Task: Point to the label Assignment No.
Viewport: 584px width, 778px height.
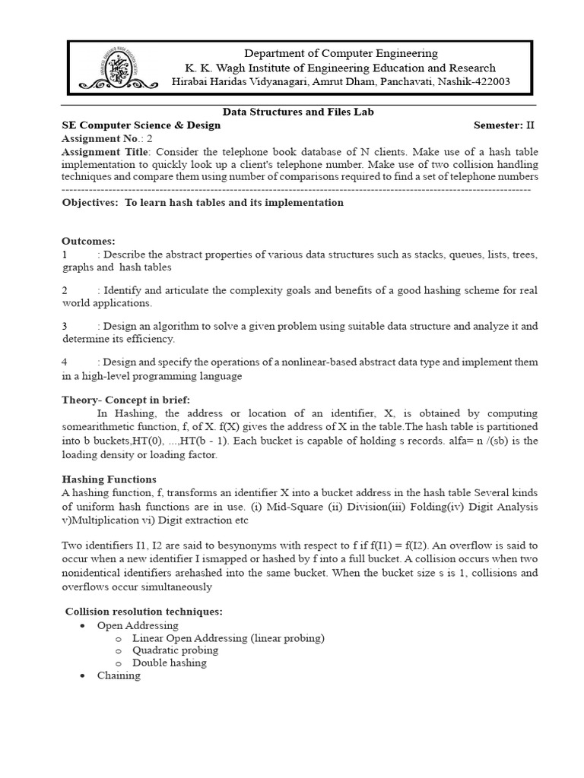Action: point(102,139)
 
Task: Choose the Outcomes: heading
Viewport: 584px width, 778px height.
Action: point(88,241)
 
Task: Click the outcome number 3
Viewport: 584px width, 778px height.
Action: point(65,326)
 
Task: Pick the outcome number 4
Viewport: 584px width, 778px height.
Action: point(65,362)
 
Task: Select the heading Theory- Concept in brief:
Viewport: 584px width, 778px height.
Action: point(125,400)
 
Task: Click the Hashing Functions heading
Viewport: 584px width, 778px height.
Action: point(109,479)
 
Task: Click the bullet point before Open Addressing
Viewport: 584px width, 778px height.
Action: point(82,625)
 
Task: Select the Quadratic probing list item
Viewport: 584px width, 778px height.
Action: point(175,650)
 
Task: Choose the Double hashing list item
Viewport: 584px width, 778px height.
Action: point(169,663)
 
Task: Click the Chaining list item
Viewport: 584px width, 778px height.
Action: point(119,675)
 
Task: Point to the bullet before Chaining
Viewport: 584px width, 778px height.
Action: point(82,675)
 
